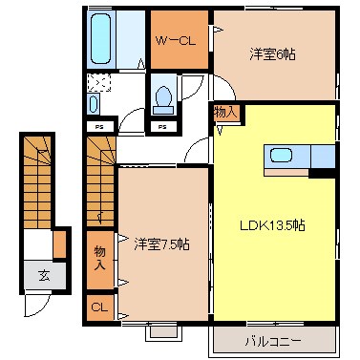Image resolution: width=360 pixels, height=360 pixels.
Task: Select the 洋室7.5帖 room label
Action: (x=160, y=244)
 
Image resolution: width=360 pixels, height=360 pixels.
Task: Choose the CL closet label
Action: (x=99, y=307)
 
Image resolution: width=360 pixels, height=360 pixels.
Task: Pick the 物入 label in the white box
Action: (x=225, y=113)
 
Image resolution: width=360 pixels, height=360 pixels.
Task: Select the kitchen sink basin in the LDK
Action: (x=284, y=156)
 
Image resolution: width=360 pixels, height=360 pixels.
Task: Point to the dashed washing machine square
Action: (x=99, y=82)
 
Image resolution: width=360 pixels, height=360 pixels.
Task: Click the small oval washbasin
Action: (x=93, y=104)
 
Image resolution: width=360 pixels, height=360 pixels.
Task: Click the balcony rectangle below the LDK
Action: (x=275, y=341)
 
